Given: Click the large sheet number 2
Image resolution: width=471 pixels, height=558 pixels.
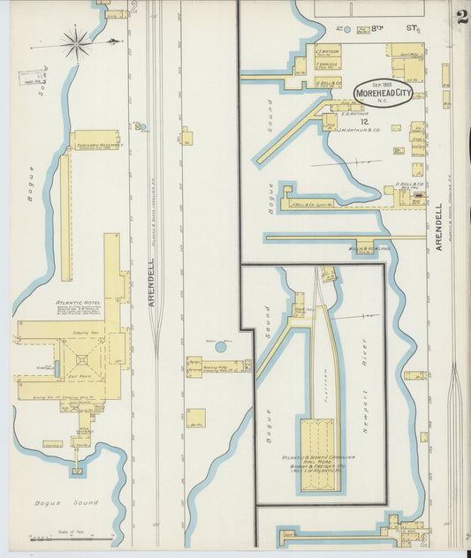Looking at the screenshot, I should tap(461, 19).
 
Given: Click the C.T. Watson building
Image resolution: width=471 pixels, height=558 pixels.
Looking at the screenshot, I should tap(328, 51).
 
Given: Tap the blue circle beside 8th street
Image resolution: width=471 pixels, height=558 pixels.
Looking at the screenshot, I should tap(347, 30).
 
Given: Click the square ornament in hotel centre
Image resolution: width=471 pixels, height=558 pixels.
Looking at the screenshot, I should tap(82, 359).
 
